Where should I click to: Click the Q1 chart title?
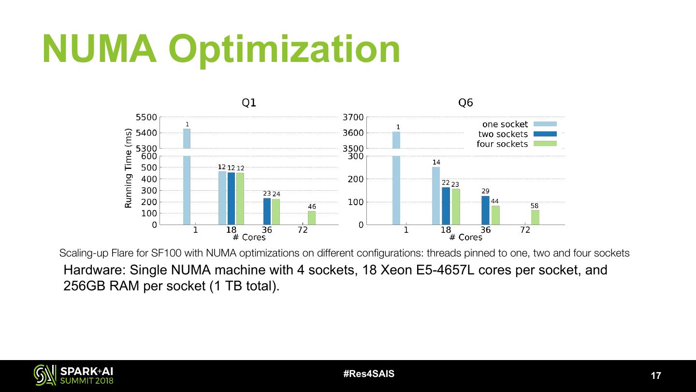point(249,103)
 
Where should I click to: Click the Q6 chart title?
point(465,103)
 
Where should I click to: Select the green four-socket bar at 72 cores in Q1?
point(312,218)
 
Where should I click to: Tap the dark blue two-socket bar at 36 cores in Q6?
point(485,210)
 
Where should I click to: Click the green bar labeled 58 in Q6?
point(535,217)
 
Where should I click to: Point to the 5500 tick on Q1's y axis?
point(146,117)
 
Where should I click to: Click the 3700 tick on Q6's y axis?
point(353,117)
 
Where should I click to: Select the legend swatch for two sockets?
point(545,134)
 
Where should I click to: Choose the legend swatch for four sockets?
point(545,144)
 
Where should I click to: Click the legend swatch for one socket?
point(545,124)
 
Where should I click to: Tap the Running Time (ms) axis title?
point(129,168)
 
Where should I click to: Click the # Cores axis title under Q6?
point(465,238)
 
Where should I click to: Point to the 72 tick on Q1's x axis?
point(303,230)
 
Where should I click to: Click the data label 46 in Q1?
point(312,207)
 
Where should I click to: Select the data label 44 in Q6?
point(495,201)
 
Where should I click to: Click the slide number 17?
point(656,376)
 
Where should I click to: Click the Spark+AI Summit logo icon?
point(44,375)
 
